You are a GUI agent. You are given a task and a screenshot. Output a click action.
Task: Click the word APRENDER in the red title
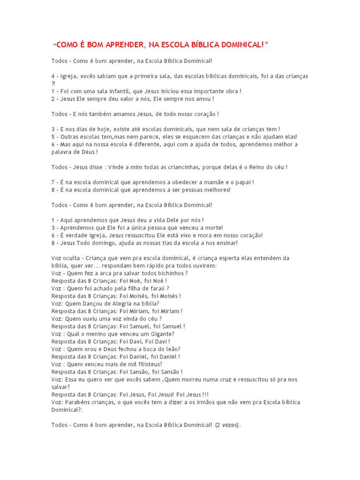tap(121, 45)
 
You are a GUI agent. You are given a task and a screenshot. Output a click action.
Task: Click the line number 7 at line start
tap(53, 182)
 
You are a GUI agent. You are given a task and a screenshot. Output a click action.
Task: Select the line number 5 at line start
tap(53, 136)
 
